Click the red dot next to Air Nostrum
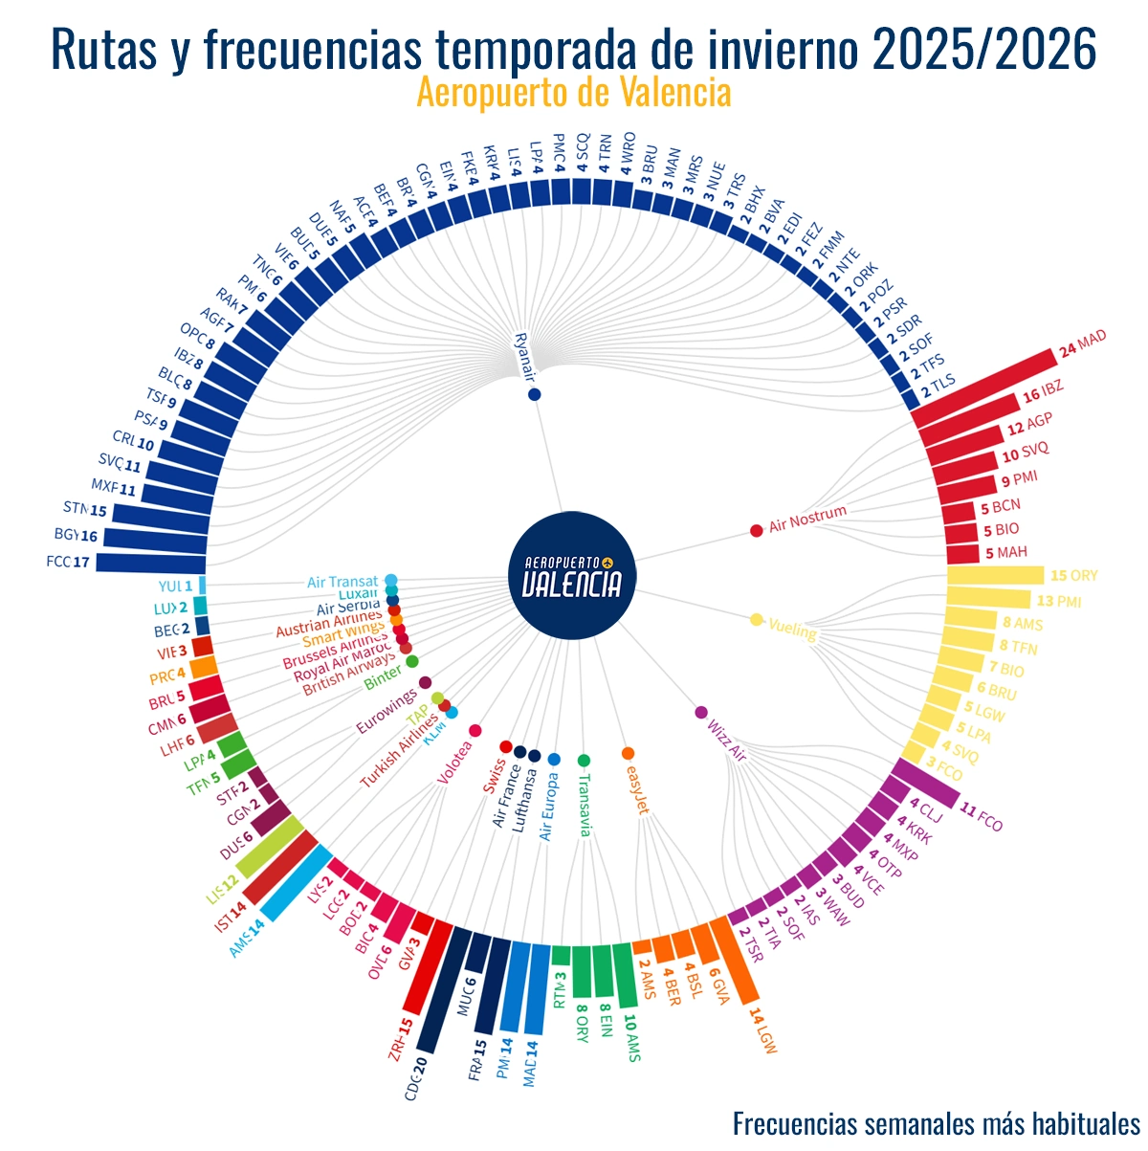[x=757, y=530]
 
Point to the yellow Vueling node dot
[x=757, y=620]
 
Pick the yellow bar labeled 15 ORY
[x=995, y=576]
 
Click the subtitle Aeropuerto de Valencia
[x=574, y=93]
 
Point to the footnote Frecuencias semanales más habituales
[x=936, y=1123]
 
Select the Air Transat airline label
[x=342, y=582]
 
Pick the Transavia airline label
[x=585, y=804]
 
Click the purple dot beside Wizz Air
[x=701, y=712]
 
